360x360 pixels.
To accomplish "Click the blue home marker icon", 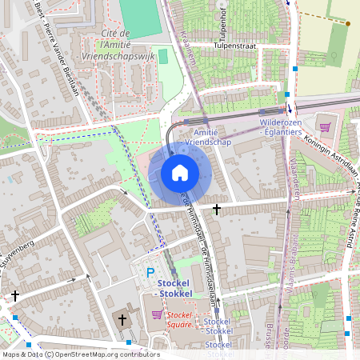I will [180, 173].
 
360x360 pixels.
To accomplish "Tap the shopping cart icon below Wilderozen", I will [325, 126].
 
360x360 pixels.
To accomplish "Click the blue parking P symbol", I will [150, 273].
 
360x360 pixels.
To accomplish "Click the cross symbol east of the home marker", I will [217, 209].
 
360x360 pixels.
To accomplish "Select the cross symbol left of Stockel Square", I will [122, 320].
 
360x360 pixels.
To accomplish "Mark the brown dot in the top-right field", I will [348, 23].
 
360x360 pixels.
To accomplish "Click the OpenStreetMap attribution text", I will [80, 354].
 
